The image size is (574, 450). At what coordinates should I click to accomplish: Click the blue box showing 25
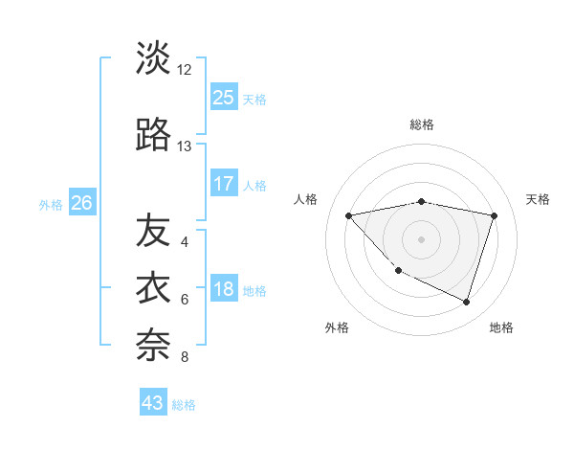pyautogui.click(x=223, y=97)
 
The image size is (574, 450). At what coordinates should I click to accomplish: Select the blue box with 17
pyautogui.click(x=223, y=184)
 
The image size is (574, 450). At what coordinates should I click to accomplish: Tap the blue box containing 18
pyautogui.click(x=223, y=290)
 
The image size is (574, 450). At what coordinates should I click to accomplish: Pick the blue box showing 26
pyautogui.click(x=81, y=203)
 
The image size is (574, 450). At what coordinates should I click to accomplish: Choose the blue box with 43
pyautogui.click(x=153, y=403)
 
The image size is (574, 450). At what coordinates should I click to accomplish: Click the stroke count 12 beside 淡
pyautogui.click(x=185, y=70)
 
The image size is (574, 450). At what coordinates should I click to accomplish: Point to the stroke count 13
pyautogui.click(x=185, y=146)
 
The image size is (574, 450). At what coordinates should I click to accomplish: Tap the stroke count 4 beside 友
pyautogui.click(x=185, y=242)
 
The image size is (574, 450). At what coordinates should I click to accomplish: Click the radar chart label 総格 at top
pyautogui.click(x=421, y=124)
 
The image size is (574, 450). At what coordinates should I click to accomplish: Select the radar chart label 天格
pyautogui.click(x=538, y=199)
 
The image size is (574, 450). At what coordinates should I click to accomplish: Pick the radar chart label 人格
pyautogui.click(x=306, y=199)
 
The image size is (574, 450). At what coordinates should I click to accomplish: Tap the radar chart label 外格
pyautogui.click(x=337, y=327)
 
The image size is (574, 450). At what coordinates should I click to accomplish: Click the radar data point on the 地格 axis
pyautogui.click(x=466, y=302)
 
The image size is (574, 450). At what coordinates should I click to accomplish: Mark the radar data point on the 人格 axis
pyautogui.click(x=348, y=215)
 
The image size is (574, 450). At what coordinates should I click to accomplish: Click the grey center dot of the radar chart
pyautogui.click(x=421, y=238)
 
